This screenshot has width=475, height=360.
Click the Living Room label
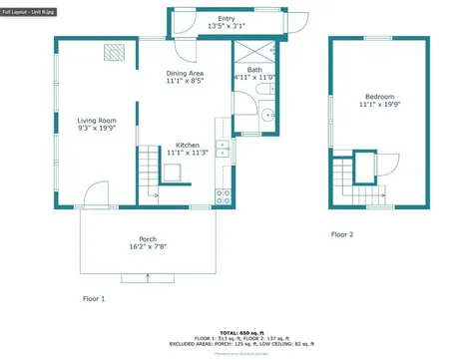click(97, 120)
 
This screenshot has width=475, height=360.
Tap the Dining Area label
click(185, 74)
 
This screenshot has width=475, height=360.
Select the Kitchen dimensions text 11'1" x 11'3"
click(187, 153)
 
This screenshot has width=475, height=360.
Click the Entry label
click(227, 18)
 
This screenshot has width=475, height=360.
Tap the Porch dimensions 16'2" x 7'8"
click(148, 246)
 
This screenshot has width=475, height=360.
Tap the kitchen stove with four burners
click(225, 194)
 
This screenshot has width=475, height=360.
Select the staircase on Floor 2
click(349, 184)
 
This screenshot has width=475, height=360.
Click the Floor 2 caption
click(342, 235)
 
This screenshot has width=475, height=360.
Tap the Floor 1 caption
click(93, 298)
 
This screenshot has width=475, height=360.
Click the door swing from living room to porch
click(96, 193)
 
